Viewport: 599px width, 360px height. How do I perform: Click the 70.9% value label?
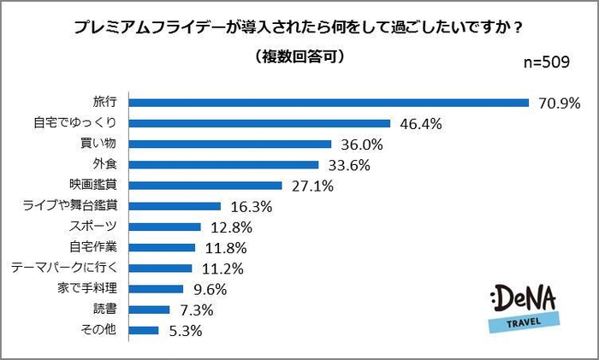click(x=560, y=103)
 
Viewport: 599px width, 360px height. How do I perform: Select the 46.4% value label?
click(x=420, y=124)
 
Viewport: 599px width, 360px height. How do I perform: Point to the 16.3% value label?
click(x=251, y=207)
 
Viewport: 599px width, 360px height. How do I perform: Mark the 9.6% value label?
click(x=210, y=289)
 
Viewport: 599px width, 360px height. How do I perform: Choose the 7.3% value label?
click(x=200, y=310)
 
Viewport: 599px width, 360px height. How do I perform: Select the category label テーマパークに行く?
click(x=70, y=269)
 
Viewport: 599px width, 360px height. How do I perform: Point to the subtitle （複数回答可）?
click(x=299, y=58)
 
